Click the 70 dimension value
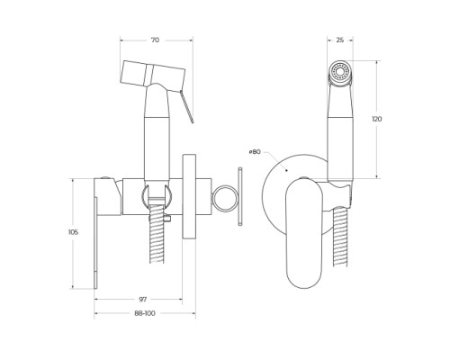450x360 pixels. [x=155, y=40]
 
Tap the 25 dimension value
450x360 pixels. [x=340, y=40]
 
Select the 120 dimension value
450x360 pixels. [x=377, y=119]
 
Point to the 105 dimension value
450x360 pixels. [x=73, y=232]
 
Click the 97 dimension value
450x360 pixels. [x=143, y=299]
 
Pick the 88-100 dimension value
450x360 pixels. [x=145, y=313]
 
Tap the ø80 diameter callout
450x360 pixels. [x=255, y=152]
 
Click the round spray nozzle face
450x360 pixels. [x=340, y=72]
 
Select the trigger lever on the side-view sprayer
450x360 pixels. [x=186, y=106]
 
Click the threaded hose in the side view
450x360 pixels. [x=157, y=234]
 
